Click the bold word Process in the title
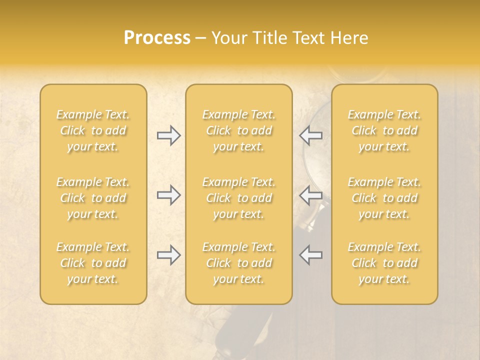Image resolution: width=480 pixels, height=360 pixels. [157, 38]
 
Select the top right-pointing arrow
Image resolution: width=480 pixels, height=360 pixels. [169, 135]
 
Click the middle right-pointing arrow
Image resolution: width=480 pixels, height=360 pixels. [169, 195]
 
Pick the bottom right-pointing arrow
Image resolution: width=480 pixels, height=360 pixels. [169, 255]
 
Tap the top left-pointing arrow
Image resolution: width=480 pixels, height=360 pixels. [310, 135]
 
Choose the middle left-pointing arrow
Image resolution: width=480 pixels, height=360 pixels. [310, 195]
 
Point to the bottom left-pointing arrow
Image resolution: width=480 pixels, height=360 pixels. [310, 255]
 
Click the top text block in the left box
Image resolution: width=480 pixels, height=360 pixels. [93, 130]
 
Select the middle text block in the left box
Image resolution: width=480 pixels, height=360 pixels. [93, 198]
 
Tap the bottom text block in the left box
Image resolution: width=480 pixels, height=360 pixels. [93, 263]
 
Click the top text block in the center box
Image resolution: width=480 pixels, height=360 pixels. [238, 130]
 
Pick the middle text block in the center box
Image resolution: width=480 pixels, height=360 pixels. [238, 198]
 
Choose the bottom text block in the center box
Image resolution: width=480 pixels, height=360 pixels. [238, 263]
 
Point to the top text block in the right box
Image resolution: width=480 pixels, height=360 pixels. [384, 130]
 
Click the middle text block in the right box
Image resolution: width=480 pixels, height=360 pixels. [384, 198]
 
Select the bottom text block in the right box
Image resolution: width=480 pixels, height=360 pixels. [384, 263]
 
